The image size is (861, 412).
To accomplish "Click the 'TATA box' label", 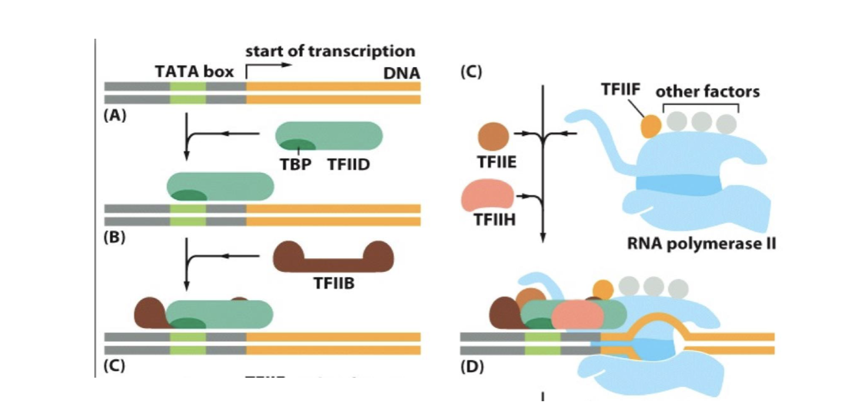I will [194, 72].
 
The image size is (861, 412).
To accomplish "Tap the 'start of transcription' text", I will [330, 51].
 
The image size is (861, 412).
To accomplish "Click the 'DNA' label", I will [402, 73].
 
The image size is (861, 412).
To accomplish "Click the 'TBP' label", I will [295, 164].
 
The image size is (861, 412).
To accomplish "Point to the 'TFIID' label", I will [348, 164].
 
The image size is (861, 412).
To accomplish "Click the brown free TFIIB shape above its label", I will [333, 258].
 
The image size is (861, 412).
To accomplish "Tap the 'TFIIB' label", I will [334, 283].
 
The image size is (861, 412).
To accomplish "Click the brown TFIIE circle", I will [493, 137].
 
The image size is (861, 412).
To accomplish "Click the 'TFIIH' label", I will [494, 220].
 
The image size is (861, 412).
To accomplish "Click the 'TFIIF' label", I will [620, 89].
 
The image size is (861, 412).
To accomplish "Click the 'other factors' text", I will [707, 92].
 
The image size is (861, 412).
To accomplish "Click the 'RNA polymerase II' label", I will [701, 243].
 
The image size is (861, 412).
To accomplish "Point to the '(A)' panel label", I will [114, 116].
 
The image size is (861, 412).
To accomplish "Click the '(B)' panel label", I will [114, 238].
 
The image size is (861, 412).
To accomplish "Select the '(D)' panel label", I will [471, 367].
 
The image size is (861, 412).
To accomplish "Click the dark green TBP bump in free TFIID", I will [296, 145].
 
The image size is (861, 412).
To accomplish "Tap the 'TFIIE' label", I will [496, 162].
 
